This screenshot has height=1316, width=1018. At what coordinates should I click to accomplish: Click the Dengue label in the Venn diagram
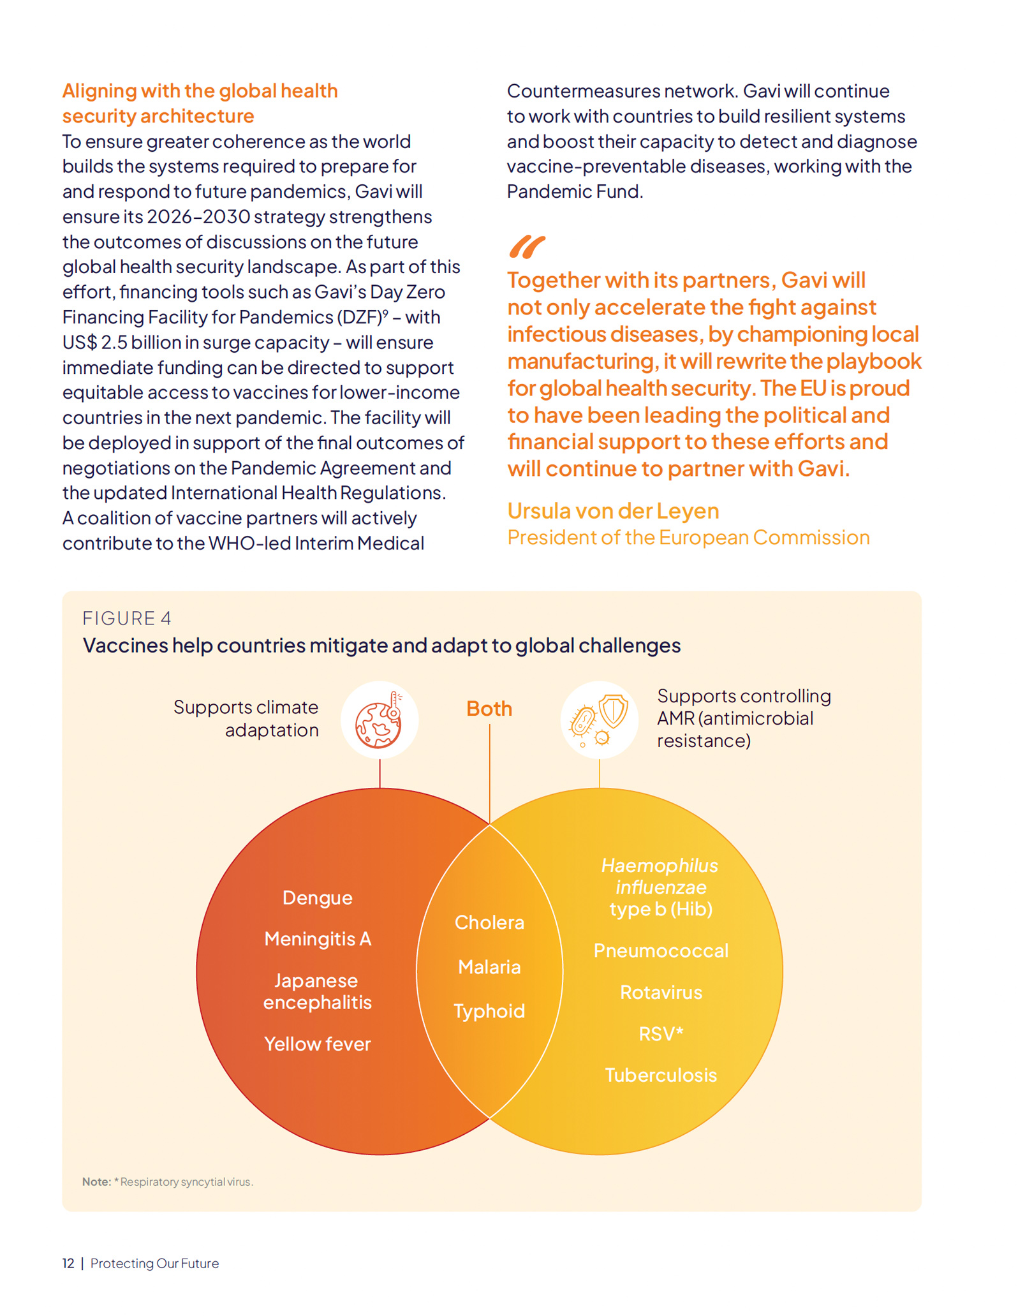[x=317, y=898]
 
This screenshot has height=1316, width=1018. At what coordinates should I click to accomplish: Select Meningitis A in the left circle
[x=317, y=939]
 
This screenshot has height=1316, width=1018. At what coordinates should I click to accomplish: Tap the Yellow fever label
[x=317, y=1044]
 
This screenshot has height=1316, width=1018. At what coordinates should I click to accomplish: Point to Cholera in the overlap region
[x=489, y=922]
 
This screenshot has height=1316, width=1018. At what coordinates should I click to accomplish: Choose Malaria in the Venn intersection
[x=489, y=967]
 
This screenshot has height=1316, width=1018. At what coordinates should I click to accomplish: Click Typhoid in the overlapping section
[x=489, y=1011]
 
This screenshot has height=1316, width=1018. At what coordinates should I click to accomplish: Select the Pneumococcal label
[x=661, y=950]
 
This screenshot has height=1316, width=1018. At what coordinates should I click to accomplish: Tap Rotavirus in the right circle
[x=661, y=993]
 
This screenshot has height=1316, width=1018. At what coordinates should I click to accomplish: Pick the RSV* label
[x=661, y=1033]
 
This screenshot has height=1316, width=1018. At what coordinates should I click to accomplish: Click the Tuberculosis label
[x=661, y=1076]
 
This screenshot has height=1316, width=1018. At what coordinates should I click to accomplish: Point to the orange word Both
[x=489, y=709]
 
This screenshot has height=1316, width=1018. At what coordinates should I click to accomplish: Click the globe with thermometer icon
[x=380, y=720]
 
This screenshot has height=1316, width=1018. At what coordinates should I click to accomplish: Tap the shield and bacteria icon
[x=599, y=720]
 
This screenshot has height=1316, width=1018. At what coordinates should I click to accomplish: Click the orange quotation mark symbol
[x=527, y=247]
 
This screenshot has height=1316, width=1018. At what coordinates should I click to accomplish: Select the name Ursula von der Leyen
[x=613, y=511]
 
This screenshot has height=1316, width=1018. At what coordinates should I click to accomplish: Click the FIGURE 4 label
[x=127, y=618]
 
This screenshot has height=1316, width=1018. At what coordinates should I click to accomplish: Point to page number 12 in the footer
[x=68, y=1264]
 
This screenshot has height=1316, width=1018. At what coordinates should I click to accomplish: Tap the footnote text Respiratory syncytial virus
[x=186, y=1182]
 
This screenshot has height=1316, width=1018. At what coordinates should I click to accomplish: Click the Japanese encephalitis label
[x=317, y=991]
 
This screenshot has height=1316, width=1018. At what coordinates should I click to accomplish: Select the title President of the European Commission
[x=688, y=538]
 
